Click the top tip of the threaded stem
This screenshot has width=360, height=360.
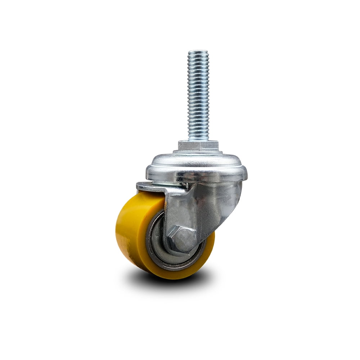[x=198, y=51]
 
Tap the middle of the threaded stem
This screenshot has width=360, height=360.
[x=198, y=95]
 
